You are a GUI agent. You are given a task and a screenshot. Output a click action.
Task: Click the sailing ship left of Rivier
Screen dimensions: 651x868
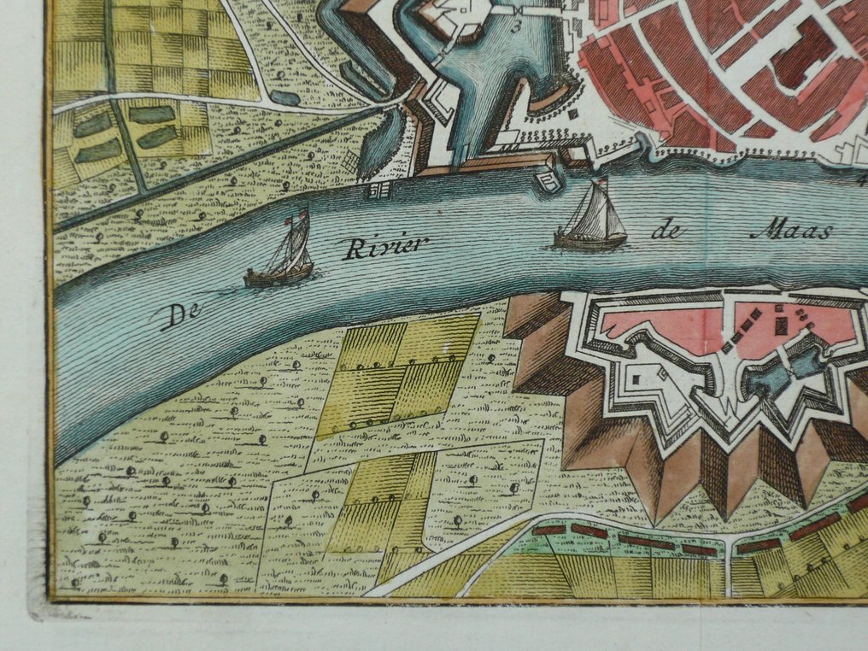pos(280,255)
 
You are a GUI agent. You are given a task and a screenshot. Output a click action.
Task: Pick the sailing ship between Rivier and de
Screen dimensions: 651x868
pos(591,220)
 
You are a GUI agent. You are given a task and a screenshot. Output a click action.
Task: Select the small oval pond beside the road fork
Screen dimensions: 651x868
pos(285,98)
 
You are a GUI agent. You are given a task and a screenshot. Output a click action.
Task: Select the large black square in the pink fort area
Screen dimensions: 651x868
pos(780,325)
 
